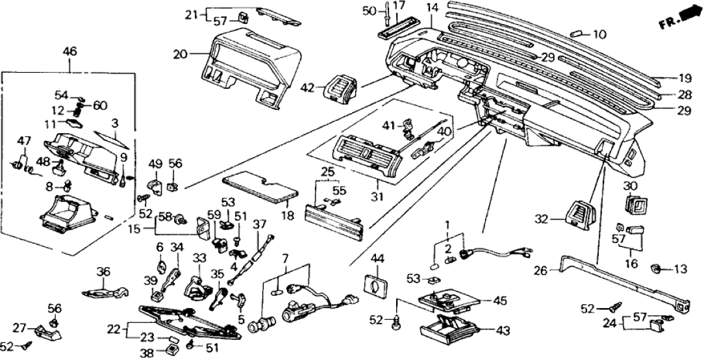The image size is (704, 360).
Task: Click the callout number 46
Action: (x=69, y=50)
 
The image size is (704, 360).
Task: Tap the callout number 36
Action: (x=103, y=272)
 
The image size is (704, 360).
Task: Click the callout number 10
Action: (x=599, y=34)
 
